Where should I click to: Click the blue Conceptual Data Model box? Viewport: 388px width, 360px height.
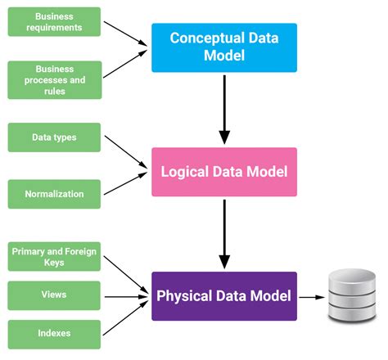point(224,47)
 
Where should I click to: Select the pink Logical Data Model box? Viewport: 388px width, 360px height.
point(224,172)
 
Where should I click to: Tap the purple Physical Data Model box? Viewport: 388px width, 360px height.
point(224,296)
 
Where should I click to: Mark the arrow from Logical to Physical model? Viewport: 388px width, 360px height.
point(224,233)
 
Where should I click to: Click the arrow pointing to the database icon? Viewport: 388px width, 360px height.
point(310,296)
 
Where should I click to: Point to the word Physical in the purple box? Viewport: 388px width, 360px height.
point(184,296)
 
